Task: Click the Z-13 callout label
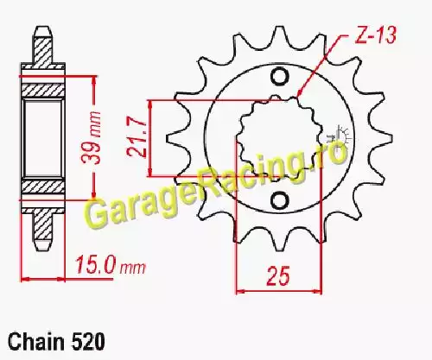click(375, 35)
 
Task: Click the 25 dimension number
click(278, 276)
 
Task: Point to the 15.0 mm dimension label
click(111, 265)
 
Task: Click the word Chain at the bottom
click(36, 342)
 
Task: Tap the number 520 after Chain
click(88, 342)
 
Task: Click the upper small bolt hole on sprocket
click(279, 76)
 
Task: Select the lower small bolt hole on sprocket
click(279, 200)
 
